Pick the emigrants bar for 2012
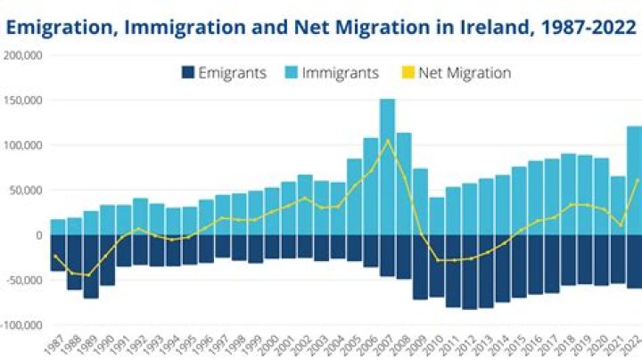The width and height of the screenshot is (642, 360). tap(469, 272)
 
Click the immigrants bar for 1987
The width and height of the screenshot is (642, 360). tap(58, 227)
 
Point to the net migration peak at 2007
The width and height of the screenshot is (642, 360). tap(387, 140)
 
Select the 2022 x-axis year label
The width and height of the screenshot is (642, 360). tap(632, 344)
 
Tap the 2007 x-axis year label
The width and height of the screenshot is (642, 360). tap(386, 344)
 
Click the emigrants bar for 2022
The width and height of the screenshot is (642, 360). tap(634, 261)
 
